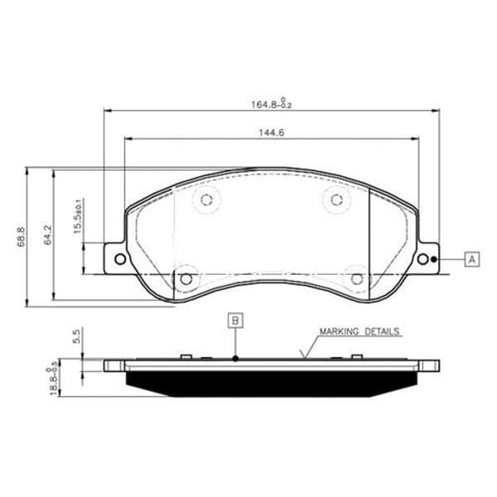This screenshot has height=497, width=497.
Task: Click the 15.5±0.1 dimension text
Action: coord(78,217)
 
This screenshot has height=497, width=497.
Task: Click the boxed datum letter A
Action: coord(471,259)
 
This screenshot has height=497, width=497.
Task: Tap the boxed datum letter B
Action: coord(236,320)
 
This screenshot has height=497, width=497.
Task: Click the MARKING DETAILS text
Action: coord(359,331)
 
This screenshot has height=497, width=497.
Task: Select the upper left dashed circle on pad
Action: coord(207,199)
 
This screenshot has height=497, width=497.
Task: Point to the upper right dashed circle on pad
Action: coord(335,199)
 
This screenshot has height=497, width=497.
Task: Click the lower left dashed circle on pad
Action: coord(186,278)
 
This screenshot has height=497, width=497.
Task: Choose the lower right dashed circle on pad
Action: coord(358,278)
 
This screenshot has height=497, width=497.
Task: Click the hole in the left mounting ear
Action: coord(120,259)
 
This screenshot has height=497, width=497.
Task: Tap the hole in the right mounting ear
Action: coord(424,259)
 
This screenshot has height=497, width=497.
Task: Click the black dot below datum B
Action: coord(236,359)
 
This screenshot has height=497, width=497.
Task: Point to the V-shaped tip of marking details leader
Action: coord(303,358)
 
